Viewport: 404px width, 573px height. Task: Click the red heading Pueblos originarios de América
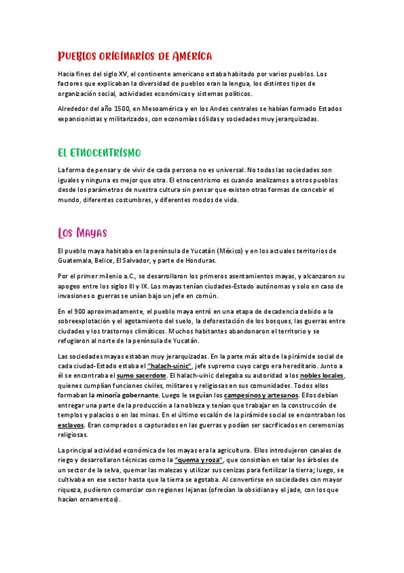[x=135, y=55]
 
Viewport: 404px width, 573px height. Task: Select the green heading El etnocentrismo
[x=98, y=151]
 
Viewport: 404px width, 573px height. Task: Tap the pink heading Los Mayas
[x=82, y=234]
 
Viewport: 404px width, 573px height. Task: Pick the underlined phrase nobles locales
[x=322, y=375]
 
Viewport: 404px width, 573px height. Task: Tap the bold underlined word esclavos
[x=71, y=425]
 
